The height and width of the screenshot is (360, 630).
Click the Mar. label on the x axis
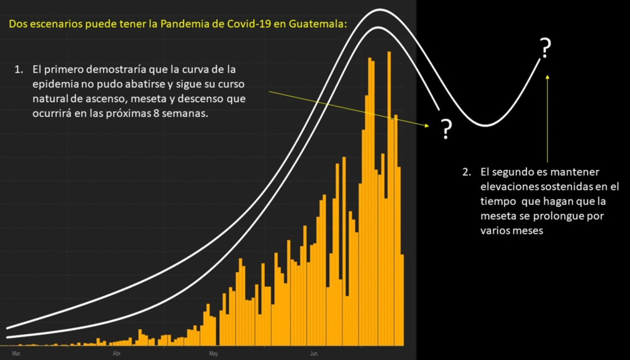click(16, 354)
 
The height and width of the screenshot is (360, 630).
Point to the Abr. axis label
click(117, 354)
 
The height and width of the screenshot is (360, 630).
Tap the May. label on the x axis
click(214, 354)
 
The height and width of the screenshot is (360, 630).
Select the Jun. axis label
click(313, 354)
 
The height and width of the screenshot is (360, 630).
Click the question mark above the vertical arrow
click(545, 47)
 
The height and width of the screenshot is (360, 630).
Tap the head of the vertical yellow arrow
click(547, 76)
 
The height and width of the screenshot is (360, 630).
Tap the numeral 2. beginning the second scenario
click(467, 171)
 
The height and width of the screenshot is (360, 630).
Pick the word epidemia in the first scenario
click(53, 83)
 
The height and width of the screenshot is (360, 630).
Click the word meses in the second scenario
click(527, 231)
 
